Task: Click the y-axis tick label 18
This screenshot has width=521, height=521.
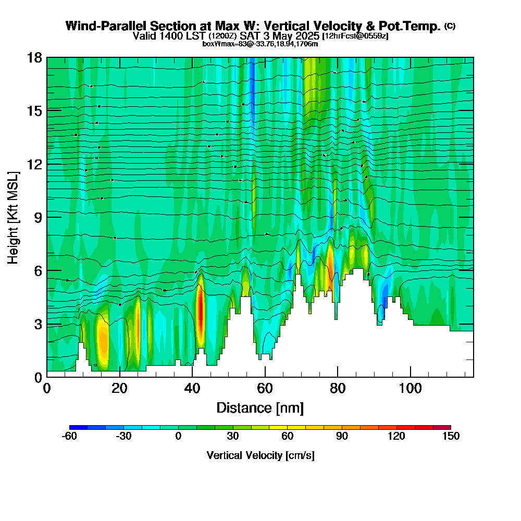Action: click(x=34, y=57)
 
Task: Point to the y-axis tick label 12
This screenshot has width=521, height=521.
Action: click(x=34, y=164)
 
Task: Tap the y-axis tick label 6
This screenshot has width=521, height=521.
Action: click(x=38, y=270)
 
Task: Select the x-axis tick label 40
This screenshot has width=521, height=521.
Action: click(x=192, y=389)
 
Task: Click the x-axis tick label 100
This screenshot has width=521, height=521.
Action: click(x=411, y=389)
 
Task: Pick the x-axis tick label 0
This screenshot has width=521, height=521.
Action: click(x=47, y=389)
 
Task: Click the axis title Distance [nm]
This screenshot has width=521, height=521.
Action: click(x=260, y=407)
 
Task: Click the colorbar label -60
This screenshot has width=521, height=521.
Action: click(x=69, y=437)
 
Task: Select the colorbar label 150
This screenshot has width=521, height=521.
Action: click(x=451, y=437)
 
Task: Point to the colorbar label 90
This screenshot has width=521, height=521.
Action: click(x=342, y=437)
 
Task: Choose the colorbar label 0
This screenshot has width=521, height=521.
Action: click(x=178, y=437)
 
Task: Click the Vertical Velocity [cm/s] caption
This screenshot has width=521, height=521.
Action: click(x=260, y=455)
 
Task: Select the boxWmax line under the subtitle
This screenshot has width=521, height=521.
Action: click(x=260, y=44)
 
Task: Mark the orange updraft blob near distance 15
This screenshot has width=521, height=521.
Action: click(x=102, y=341)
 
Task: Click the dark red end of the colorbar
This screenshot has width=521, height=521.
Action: click(x=445, y=427)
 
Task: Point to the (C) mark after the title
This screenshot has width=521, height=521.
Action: click(x=450, y=26)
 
